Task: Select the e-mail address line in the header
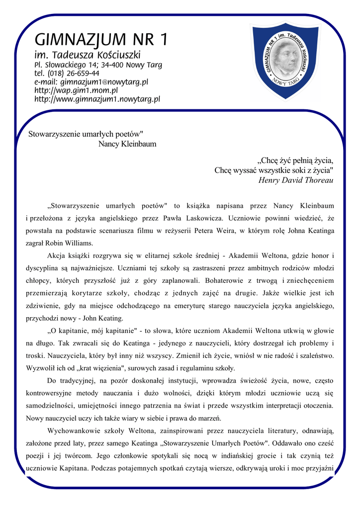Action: [91, 82]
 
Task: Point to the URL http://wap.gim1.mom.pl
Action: [76, 90]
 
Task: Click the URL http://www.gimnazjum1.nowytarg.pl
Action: [97, 99]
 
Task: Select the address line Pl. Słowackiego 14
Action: [98, 65]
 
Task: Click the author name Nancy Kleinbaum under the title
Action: [127, 144]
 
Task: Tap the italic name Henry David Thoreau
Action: [296, 180]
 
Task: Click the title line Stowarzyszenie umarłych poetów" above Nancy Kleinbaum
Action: [86, 134]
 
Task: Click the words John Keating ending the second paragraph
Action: [104, 318]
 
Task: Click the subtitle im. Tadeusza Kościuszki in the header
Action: [88, 54]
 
